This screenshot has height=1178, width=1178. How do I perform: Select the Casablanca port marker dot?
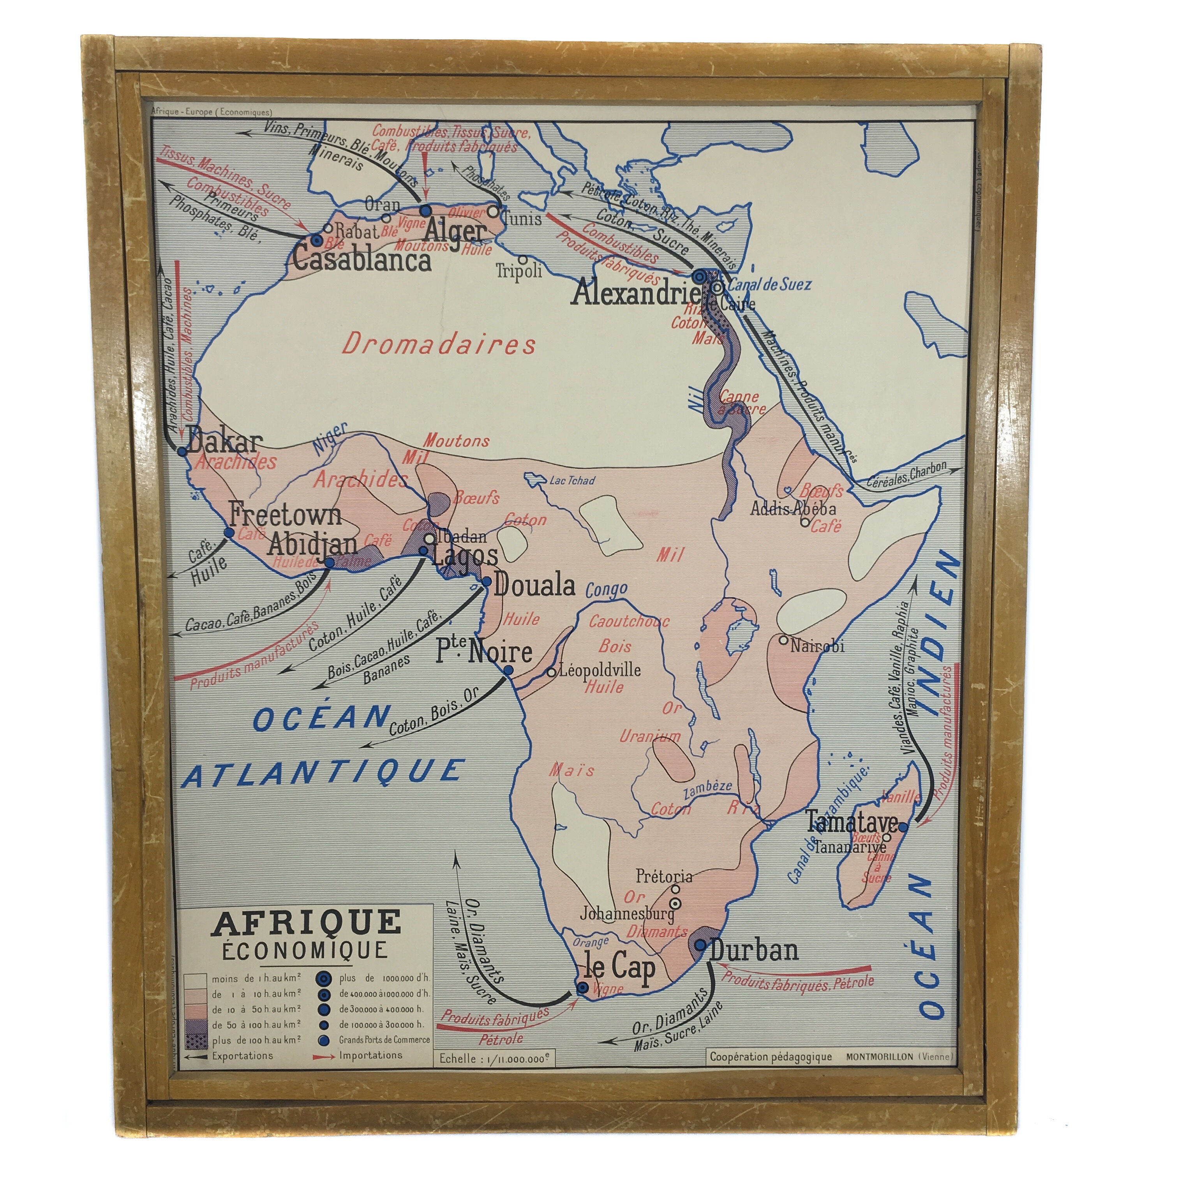point(316,240)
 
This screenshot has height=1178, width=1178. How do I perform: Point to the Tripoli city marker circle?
point(522,259)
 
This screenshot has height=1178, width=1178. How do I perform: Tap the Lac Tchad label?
point(572,480)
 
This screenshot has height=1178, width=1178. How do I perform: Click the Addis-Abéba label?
point(793,508)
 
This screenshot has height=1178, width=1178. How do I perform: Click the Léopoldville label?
point(600,670)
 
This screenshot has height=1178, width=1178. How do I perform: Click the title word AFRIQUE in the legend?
point(306,923)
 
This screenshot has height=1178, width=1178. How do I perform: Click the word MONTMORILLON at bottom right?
point(880,1057)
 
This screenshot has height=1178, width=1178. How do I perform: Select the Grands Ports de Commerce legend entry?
point(384,1040)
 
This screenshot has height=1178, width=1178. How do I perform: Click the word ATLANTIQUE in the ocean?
point(323,774)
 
